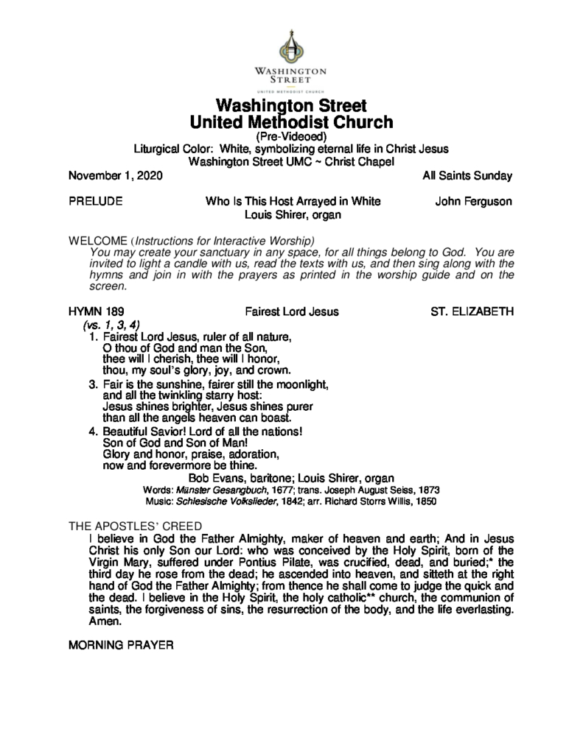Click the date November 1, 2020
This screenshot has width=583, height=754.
tap(115, 177)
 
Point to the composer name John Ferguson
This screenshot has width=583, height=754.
tap(473, 202)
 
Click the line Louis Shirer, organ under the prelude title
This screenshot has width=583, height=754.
tap(291, 215)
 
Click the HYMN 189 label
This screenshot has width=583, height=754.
tap(93, 311)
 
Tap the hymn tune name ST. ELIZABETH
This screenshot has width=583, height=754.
tap(472, 311)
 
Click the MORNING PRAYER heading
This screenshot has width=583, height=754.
tap(120, 646)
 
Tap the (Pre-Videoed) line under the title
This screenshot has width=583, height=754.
tap(291, 136)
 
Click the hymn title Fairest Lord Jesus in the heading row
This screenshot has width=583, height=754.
tap(292, 311)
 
